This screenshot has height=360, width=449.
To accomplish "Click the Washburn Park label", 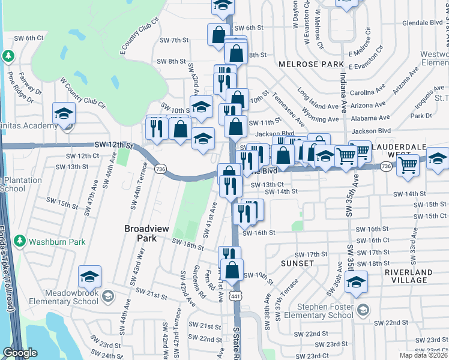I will pos(58,242).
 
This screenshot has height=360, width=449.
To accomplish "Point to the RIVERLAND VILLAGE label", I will pos(409,276).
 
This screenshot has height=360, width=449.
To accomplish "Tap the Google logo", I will pos(20,353).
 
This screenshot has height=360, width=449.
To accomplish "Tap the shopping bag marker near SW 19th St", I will pos(232,270).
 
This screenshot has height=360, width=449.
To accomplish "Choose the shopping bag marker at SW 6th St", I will pos(217,34).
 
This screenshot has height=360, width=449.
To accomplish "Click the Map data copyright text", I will pos(424,355).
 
